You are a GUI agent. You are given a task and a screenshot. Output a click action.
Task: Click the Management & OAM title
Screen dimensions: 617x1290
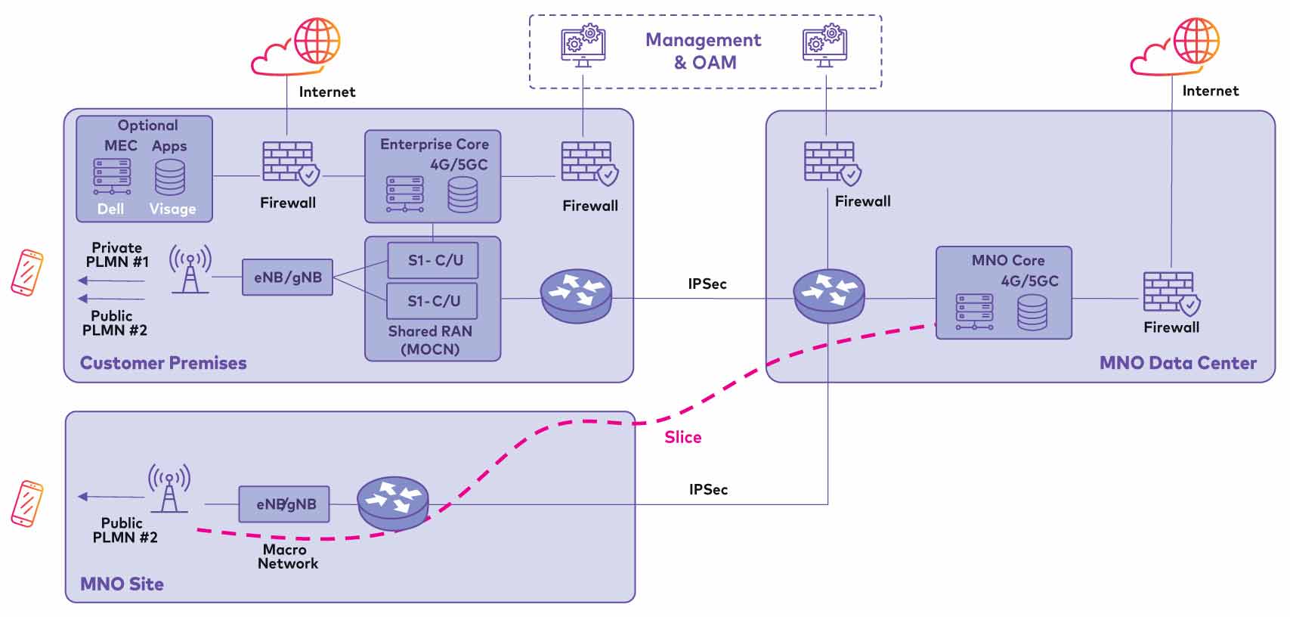[703, 51]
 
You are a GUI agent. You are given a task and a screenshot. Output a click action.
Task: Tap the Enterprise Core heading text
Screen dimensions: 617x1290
[434, 144]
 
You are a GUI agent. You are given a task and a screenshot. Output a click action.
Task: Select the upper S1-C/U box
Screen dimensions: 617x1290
[434, 260]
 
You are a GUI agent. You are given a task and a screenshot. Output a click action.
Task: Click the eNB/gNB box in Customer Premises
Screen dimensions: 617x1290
[287, 277]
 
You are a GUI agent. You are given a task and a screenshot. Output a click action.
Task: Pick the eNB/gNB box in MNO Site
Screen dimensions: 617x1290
[285, 504]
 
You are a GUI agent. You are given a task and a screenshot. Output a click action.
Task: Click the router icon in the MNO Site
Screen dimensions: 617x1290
[393, 502]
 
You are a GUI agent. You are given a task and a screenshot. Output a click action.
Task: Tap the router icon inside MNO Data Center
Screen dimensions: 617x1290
[829, 296]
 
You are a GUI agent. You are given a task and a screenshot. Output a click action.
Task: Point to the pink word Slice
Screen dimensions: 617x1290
[682, 437]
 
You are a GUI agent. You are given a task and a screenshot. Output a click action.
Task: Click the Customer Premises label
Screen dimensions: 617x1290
[163, 363]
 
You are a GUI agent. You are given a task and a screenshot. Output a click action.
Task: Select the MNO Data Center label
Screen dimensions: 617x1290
[1177, 363]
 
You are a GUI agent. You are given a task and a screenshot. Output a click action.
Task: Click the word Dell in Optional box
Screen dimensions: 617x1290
[110, 209]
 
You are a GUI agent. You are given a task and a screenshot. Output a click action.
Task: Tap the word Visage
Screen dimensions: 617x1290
[172, 209]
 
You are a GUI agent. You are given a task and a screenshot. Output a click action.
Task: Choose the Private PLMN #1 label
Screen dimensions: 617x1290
[117, 255]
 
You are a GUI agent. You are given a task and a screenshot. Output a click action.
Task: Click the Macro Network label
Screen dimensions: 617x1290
[287, 557]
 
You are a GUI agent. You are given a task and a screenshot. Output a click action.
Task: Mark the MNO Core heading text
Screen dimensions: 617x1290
[1007, 260]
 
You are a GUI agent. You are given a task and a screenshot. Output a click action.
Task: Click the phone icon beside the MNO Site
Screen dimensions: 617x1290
[27, 503]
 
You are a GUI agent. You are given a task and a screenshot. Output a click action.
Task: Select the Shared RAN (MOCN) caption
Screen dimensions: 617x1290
[430, 340]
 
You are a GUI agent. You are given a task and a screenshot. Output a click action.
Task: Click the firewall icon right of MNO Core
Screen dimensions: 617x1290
[1171, 293]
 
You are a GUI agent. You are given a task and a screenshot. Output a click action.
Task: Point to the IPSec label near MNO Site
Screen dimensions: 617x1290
[708, 489]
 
